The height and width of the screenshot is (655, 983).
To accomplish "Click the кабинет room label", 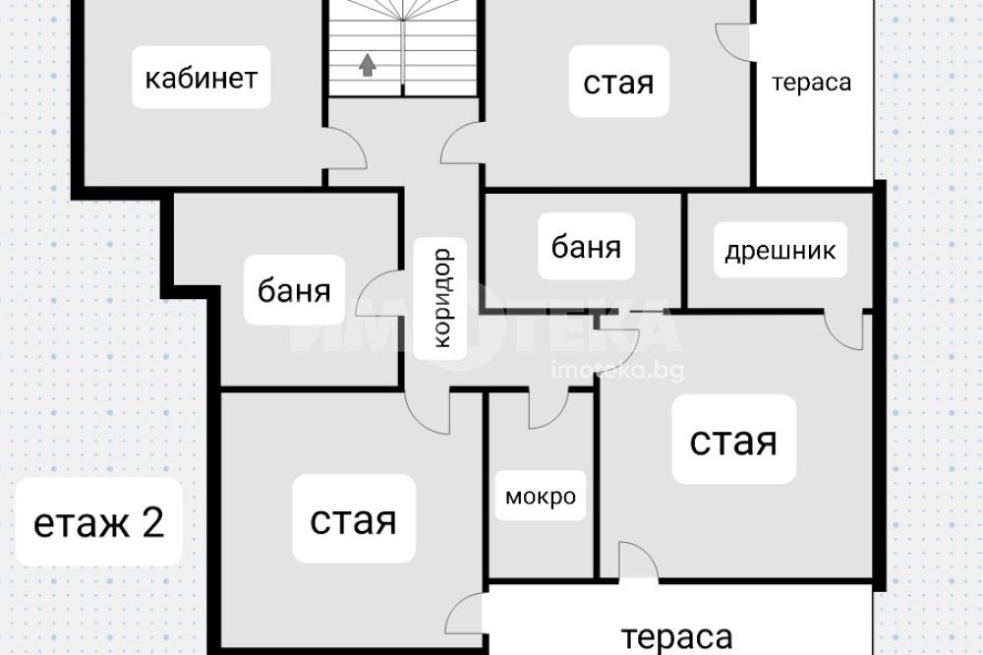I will pos(201,79).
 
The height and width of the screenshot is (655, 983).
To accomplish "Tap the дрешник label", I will pos(781,251).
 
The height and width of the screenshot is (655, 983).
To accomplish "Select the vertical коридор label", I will pos(441,298).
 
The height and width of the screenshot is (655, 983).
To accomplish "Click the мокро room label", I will pos(540,497).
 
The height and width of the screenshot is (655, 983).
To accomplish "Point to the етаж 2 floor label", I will pos(98,522).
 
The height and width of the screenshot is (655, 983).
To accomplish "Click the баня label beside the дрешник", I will pos(587,246).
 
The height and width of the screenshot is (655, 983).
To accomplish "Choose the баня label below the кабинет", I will pos(295,291).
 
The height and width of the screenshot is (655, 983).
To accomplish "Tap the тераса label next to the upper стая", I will pos(811,83).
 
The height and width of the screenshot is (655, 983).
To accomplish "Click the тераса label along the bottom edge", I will pos(677,636).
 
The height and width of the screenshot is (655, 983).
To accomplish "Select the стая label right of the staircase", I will pos(618,83).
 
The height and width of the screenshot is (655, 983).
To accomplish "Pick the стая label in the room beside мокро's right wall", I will pos(733,441).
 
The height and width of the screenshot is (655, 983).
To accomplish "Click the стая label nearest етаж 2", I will pos(353,520).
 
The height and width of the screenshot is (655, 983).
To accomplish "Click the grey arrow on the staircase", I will pos(368,66).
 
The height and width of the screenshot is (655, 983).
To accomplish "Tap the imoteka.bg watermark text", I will pos(618,370).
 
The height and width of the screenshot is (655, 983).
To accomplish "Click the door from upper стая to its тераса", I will pos(733,39).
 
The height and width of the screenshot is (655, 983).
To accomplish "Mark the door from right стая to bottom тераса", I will pos(637,563).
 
